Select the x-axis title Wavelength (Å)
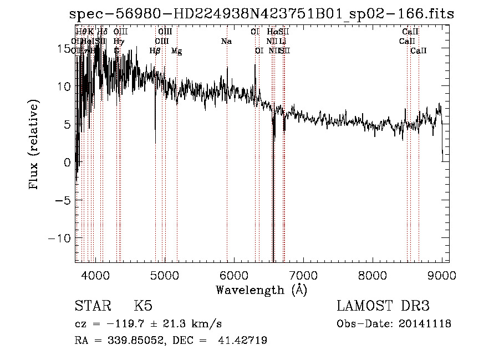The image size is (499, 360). point(261,290)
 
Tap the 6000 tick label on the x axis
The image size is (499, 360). point(234,275)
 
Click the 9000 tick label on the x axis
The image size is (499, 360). point(442,275)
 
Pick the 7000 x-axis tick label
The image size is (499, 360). point(303,275)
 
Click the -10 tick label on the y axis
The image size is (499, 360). point(60,238)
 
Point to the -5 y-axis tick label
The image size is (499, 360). point(63,200)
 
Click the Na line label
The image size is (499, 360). point(226,42)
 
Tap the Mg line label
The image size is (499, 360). point(176,51)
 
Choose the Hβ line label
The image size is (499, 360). point(155,51)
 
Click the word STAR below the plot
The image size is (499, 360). point(93,306)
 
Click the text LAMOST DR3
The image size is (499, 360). point(383,306)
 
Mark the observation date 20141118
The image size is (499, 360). point(427,323)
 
